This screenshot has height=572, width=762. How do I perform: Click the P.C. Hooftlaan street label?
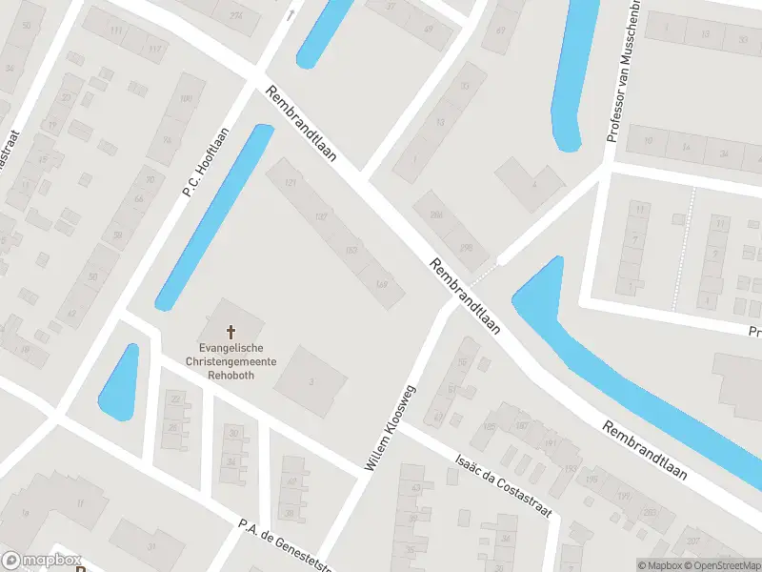tap(207, 162)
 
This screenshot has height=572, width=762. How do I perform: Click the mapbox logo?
tap(43, 561)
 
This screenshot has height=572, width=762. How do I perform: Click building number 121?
tap(291, 182)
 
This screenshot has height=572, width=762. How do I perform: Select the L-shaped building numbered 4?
tap(532, 182)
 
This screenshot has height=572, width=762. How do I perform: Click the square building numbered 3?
tap(311, 381)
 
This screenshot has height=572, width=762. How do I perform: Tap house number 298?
tap(466, 248)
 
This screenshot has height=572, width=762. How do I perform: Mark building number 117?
tap(155, 49)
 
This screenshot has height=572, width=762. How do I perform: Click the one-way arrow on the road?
tap(290, 14)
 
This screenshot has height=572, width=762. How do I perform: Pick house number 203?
tap(650, 513)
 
